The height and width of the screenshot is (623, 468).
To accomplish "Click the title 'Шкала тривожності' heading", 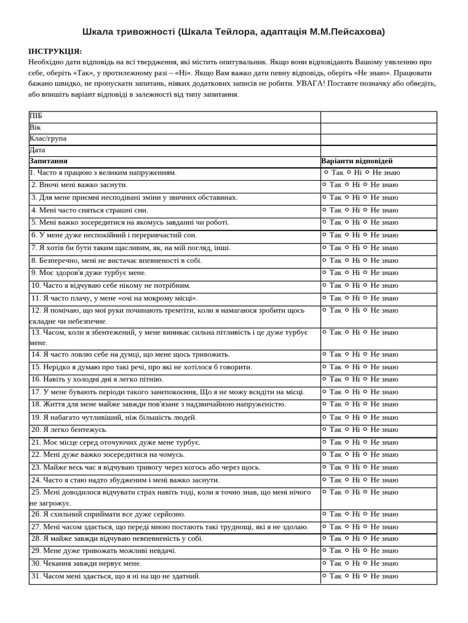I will (x=234, y=32).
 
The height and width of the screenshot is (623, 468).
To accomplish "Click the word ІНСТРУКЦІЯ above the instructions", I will (x=55, y=52).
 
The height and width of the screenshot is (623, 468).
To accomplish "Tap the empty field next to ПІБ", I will (x=378, y=117).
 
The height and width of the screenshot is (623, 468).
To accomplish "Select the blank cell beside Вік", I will (x=378, y=128).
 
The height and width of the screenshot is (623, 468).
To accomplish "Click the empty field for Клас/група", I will (x=378, y=139).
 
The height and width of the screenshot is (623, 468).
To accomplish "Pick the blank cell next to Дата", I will (x=378, y=150).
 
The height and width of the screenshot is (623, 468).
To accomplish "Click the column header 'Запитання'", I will (x=49, y=161).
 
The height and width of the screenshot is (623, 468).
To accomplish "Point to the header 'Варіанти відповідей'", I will (x=357, y=161).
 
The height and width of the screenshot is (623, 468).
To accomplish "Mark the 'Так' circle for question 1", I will (x=326, y=173).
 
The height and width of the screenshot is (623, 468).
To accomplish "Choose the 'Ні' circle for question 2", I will (x=347, y=185).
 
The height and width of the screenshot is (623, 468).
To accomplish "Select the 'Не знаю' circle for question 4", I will (x=366, y=210).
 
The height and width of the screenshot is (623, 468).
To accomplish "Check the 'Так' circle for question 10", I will (x=325, y=285).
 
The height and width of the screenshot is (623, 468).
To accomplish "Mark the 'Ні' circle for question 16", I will (x=347, y=380).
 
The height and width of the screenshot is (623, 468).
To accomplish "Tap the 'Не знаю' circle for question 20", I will (x=366, y=430).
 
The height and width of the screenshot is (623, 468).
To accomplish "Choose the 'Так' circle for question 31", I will (x=325, y=576).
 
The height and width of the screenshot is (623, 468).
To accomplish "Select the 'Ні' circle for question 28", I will (x=347, y=538).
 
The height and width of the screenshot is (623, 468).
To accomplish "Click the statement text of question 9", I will (x=88, y=273).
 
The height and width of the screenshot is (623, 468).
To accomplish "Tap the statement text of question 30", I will (x=86, y=563).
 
